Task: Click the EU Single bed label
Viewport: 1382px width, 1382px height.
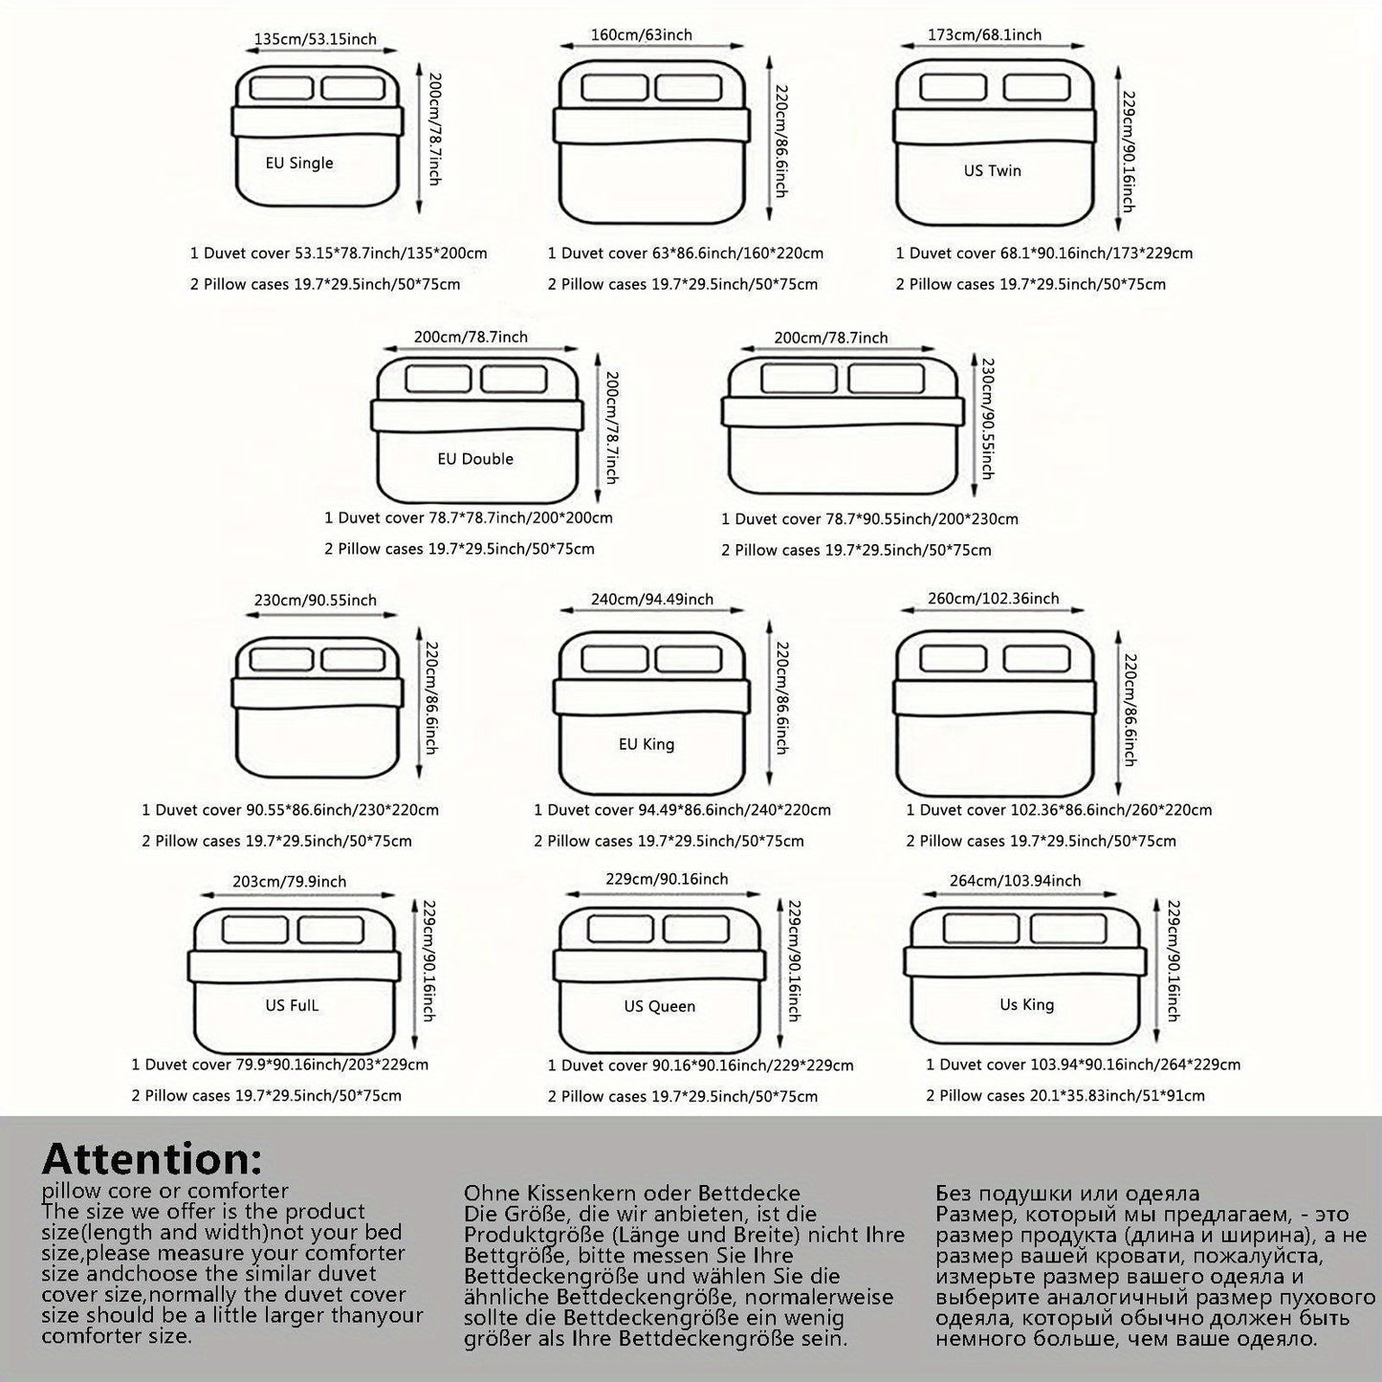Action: coord(299,163)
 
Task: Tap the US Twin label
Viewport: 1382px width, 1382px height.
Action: coord(992,170)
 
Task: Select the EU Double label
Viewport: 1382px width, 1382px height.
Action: coord(475,459)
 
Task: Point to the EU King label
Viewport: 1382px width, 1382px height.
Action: coord(647,744)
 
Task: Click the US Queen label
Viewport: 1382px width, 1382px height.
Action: coord(659,1006)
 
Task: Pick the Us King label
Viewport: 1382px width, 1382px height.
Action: coord(1026,1004)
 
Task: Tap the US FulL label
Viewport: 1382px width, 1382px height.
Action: coord(291,1005)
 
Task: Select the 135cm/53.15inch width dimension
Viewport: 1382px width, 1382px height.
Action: coord(315,38)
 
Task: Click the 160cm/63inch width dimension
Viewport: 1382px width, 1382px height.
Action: coord(641,34)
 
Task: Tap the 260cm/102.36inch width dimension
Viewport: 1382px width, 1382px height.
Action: coord(994,598)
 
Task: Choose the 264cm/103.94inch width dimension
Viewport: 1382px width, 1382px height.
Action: coord(1015,881)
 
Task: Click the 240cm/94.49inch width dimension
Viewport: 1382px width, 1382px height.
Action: coord(652,599)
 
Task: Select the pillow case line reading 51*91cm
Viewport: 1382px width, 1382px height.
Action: coord(1065,1095)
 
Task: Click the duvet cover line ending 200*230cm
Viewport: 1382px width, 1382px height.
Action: coord(869,518)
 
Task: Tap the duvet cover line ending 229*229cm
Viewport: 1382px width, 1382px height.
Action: coord(701,1065)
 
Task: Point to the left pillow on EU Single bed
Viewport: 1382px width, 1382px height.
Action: coord(281,87)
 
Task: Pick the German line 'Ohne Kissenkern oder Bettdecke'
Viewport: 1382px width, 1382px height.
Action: coord(631,1193)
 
